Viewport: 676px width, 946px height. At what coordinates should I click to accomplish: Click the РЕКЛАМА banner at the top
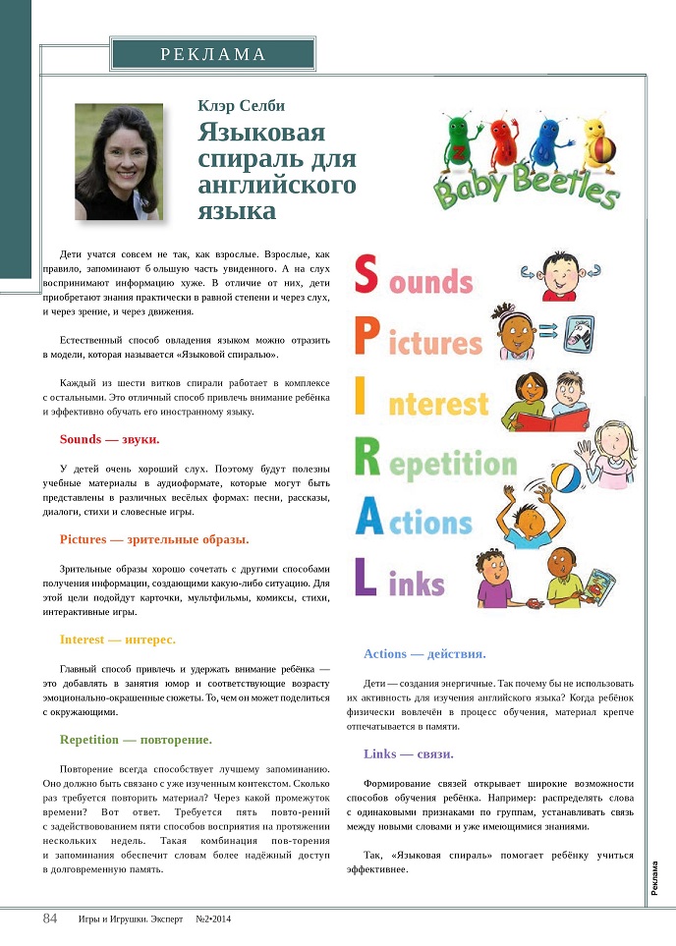pyautogui.click(x=213, y=54)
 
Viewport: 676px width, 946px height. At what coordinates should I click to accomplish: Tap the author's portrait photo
pyautogui.click(x=118, y=161)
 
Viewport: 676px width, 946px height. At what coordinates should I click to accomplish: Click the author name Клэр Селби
pyautogui.click(x=242, y=105)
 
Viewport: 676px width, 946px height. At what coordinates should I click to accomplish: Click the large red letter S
pyautogui.click(x=366, y=276)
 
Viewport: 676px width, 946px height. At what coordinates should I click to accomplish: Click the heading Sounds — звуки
pyautogui.click(x=109, y=439)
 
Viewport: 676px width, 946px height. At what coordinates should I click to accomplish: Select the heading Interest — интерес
pyautogui.click(x=117, y=639)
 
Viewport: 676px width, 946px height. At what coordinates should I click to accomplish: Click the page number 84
pyautogui.click(x=50, y=918)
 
